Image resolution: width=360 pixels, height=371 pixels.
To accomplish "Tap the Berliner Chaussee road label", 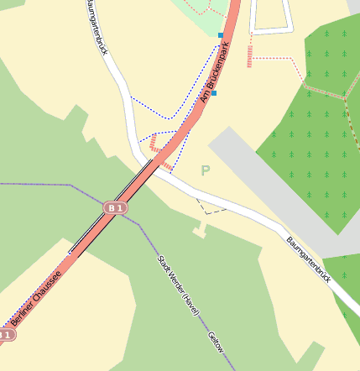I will (36, 295).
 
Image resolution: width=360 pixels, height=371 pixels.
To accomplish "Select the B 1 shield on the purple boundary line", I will (116, 206).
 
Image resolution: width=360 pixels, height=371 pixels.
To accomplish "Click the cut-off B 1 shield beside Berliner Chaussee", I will (6, 335).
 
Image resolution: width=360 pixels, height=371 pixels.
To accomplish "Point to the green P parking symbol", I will (205, 170).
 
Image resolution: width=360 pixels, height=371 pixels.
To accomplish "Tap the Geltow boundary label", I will (215, 342).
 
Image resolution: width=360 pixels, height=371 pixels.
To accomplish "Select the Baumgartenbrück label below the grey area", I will (308, 258).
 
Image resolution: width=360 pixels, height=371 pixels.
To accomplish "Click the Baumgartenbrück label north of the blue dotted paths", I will (97, 28).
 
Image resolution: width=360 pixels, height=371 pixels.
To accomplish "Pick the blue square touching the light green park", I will (221, 35).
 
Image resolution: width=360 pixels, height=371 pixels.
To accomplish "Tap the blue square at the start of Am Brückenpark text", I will (213, 93).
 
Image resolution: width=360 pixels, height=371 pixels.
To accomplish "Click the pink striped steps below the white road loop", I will (250, 55).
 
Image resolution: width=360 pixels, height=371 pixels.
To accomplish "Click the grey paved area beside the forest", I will (277, 193).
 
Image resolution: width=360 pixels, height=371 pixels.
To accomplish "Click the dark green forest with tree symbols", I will (310, 126).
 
